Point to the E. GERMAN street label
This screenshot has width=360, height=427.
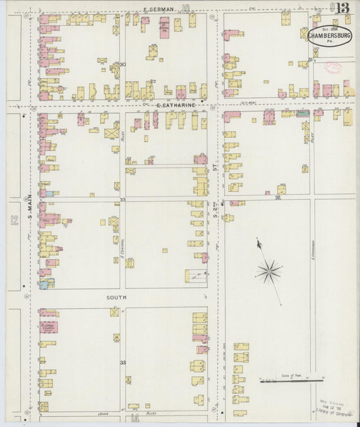[159, 9]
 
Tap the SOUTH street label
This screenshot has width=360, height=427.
[116, 297]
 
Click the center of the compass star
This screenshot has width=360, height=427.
[269, 272]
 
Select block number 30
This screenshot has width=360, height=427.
[122, 65]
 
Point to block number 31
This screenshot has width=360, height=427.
[310, 60]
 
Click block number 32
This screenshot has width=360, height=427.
[278, 198]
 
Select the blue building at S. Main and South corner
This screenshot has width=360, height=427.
[44, 284]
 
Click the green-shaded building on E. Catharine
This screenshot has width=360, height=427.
[303, 113]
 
